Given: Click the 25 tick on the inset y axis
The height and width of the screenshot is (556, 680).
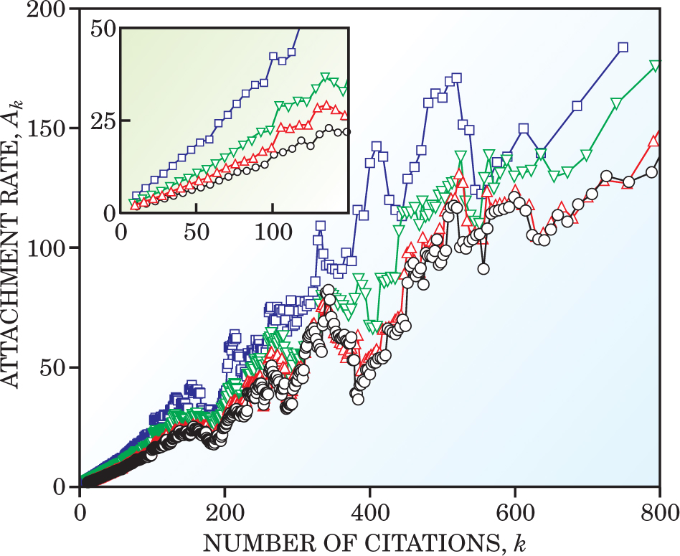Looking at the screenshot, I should click(x=105, y=120).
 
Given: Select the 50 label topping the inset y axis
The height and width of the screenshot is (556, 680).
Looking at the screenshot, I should click(x=105, y=29).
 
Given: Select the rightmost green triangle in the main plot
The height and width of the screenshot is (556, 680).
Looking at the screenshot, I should click(x=655, y=66).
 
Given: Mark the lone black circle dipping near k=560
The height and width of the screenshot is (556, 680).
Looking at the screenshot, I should click(x=484, y=269).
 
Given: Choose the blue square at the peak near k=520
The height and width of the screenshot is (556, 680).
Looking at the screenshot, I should click(x=456, y=77).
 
